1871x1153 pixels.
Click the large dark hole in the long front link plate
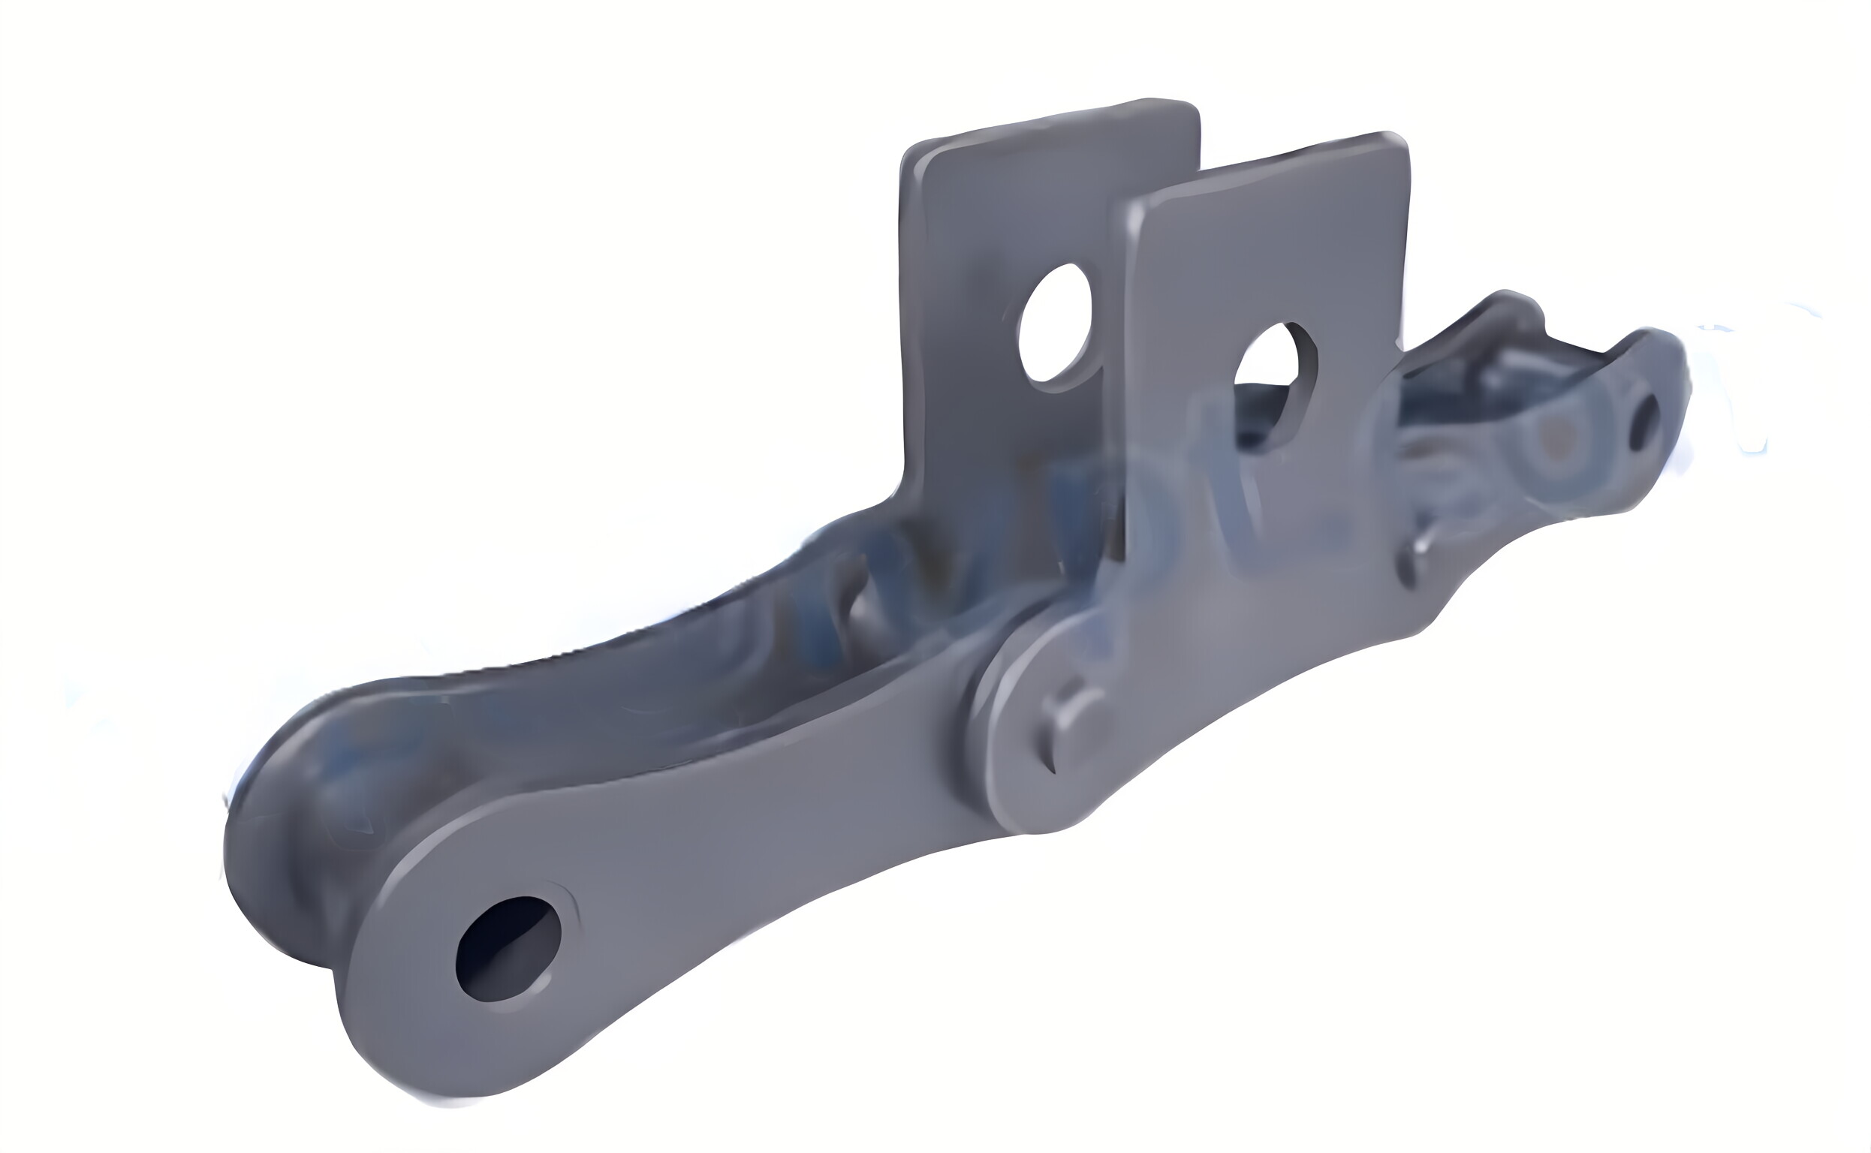(508, 948)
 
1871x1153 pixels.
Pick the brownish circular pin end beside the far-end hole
(1548, 442)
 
